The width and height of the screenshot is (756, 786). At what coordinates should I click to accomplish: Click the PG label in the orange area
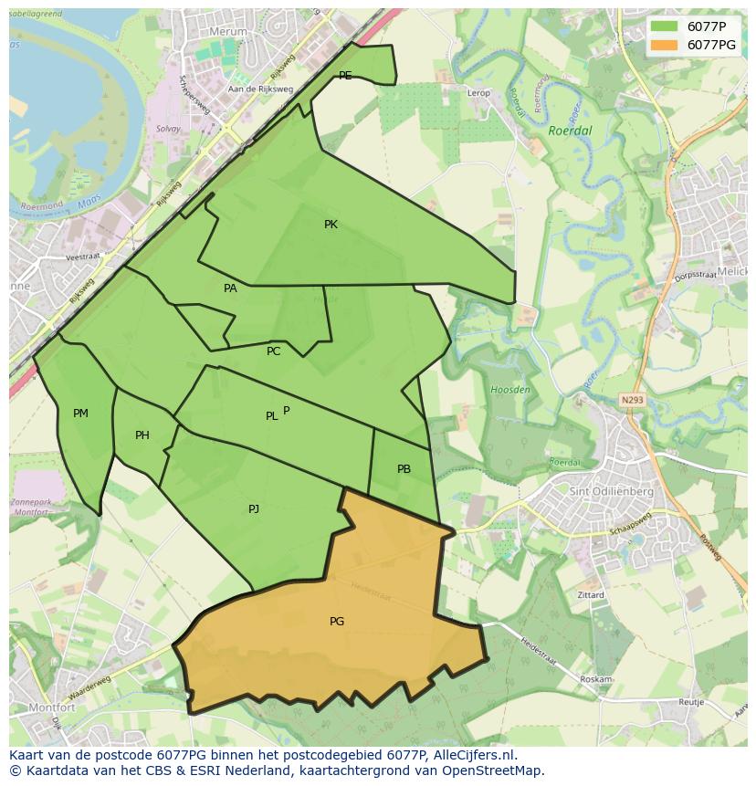click(x=337, y=622)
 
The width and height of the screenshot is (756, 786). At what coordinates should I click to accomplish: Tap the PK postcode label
click(x=331, y=225)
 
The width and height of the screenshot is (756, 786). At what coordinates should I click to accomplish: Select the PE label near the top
click(x=345, y=76)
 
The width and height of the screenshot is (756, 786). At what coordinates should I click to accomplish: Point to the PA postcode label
click(x=230, y=288)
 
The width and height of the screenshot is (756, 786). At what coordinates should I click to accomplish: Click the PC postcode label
click(x=274, y=351)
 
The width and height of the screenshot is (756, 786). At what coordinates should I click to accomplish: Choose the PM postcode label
click(x=80, y=414)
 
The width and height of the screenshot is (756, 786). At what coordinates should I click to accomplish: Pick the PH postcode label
click(x=142, y=435)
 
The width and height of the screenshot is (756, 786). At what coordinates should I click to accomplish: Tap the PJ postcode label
click(x=254, y=508)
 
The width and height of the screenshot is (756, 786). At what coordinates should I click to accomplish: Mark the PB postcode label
click(x=404, y=469)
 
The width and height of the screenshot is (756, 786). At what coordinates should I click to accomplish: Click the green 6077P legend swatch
click(x=664, y=26)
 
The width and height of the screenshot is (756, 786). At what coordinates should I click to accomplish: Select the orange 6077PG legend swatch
click(x=664, y=45)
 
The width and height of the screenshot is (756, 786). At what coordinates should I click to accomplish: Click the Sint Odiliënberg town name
click(x=611, y=491)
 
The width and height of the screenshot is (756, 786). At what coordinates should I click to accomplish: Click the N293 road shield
click(x=632, y=399)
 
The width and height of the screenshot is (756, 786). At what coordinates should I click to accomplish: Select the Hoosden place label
click(x=510, y=390)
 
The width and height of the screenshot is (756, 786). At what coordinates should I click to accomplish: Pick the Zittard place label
click(x=591, y=594)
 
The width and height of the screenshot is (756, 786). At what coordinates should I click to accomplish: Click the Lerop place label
click(x=478, y=93)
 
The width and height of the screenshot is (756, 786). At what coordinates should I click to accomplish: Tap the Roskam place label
click(x=595, y=679)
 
